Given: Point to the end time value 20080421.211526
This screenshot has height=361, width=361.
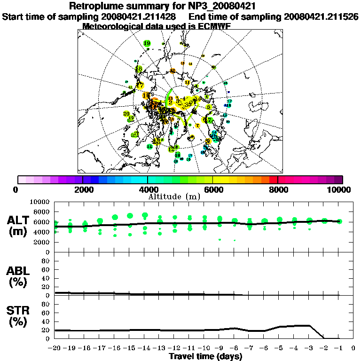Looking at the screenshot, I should (321, 16).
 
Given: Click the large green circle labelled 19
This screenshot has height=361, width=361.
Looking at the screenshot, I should (147, 43).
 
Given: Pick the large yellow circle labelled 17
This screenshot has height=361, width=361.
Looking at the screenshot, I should (140, 86).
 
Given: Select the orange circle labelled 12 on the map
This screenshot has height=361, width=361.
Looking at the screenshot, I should (173, 71).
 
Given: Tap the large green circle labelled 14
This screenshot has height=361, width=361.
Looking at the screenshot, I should (149, 147).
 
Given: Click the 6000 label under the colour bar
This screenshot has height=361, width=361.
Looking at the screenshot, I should (213, 189).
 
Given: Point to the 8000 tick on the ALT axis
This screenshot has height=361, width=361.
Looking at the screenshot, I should (43, 212).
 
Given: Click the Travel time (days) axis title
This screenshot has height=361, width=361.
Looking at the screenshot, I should (205, 357).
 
